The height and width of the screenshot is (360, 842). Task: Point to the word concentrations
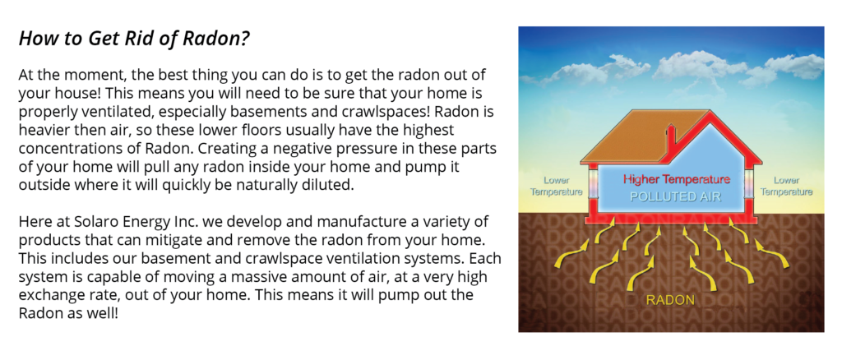(x=70, y=148)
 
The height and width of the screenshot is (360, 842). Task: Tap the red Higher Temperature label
(x=675, y=179)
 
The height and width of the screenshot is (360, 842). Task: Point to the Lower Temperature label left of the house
(x=562, y=186)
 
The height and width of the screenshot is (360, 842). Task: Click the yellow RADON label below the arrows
(x=671, y=300)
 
